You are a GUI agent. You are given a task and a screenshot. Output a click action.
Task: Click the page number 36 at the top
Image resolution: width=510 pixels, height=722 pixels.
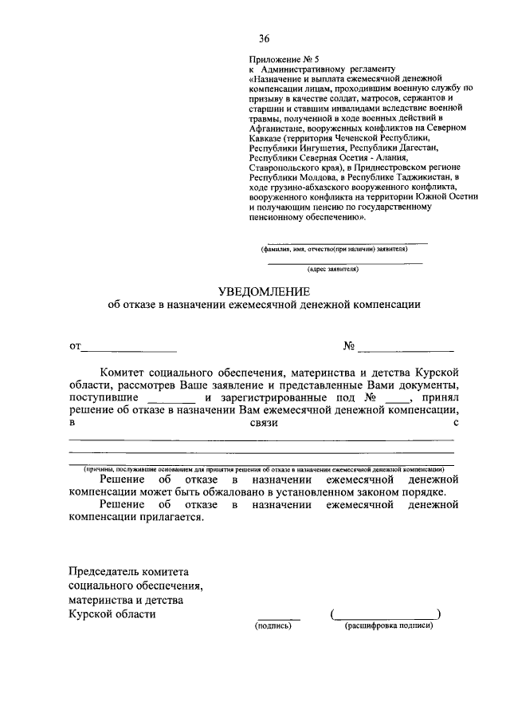264,38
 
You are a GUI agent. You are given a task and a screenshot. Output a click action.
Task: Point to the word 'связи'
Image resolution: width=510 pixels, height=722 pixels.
262,423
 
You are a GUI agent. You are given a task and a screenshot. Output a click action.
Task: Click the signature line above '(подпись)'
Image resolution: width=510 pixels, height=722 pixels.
278,618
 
